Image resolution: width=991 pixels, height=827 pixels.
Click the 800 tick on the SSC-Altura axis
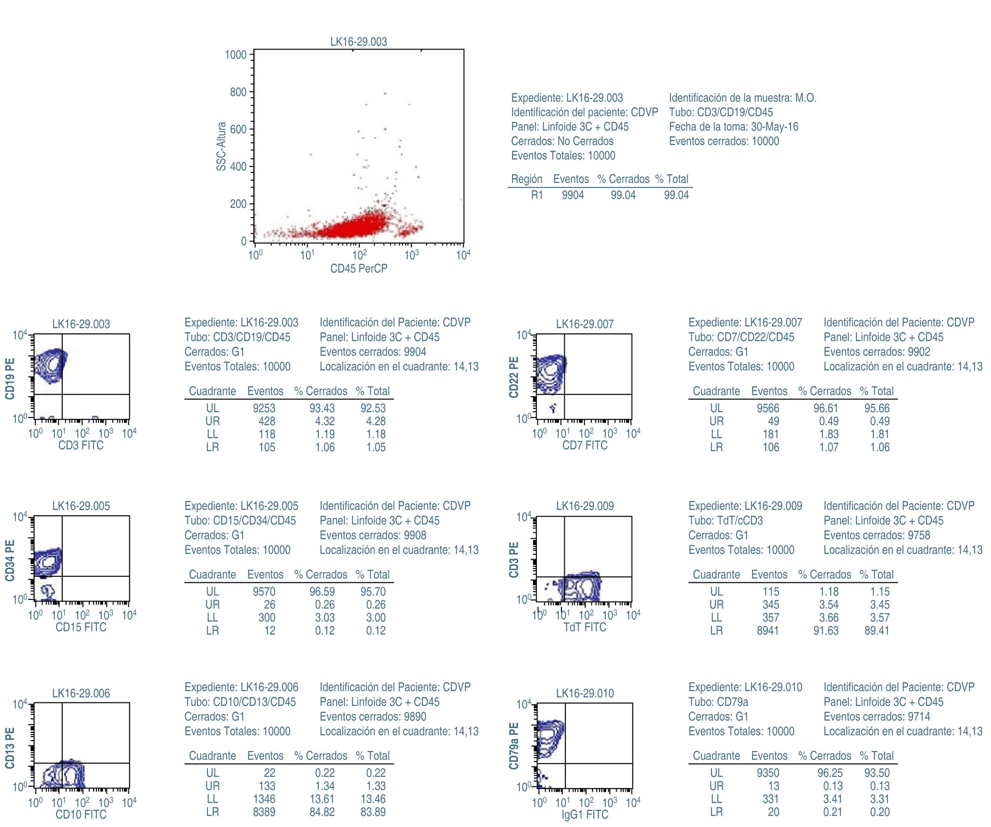[238, 93]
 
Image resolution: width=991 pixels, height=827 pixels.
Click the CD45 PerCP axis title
[358, 269]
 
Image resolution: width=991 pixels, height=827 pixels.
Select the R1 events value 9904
[573, 195]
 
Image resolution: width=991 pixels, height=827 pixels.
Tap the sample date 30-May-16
[775, 127]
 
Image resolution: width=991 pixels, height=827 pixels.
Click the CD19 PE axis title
[10, 379]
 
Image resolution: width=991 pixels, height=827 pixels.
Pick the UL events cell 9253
[264, 408]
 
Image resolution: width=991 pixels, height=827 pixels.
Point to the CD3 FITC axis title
[81, 446]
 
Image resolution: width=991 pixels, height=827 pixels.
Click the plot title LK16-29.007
[585, 324]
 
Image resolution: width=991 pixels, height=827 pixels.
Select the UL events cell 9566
[768, 408]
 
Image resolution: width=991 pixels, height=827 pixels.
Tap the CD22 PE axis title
[514, 377]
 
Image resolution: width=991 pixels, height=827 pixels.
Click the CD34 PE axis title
[10, 560]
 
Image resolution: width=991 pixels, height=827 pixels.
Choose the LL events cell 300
[267, 618]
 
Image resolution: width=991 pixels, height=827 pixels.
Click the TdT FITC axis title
[585, 628]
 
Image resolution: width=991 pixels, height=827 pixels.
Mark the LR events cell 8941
[768, 631]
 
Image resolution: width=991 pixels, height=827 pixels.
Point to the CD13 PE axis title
[10, 748]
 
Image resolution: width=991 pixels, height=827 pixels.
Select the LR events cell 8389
[264, 812]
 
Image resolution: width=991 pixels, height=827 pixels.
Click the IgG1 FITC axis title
[585, 815]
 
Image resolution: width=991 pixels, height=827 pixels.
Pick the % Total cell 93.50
[876, 773]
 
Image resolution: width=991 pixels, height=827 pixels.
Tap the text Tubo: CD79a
[718, 702]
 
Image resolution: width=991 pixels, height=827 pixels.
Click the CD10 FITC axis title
[81, 815]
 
